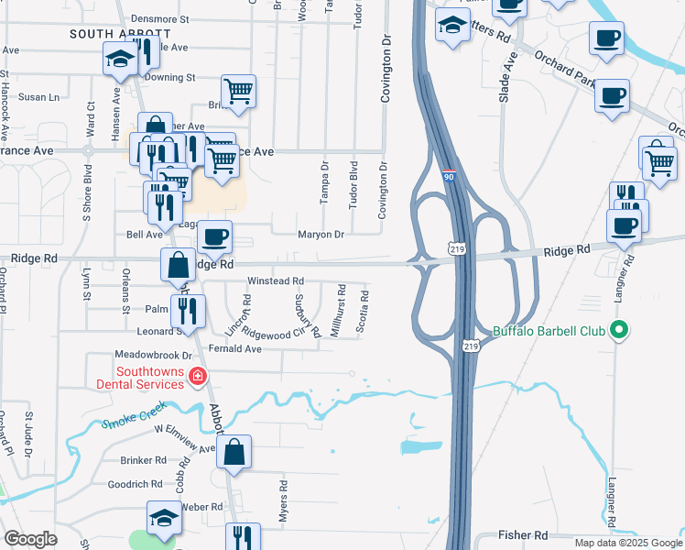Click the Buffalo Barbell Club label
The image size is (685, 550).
(550, 331)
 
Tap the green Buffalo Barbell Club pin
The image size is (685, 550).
(620, 330)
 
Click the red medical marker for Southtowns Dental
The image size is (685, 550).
(197, 375)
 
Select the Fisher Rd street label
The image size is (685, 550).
(523, 534)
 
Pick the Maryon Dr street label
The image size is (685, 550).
(321, 235)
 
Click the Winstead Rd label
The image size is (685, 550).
(275, 281)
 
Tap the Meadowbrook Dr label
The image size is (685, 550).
(153, 355)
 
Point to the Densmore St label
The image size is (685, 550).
(159, 18)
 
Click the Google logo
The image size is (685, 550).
(30, 539)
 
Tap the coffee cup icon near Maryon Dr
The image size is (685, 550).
(214, 237)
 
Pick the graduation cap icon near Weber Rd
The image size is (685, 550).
(165, 518)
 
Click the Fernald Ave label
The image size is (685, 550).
(235, 348)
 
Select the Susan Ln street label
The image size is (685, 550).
(38, 96)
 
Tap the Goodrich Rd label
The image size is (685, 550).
(135, 484)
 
